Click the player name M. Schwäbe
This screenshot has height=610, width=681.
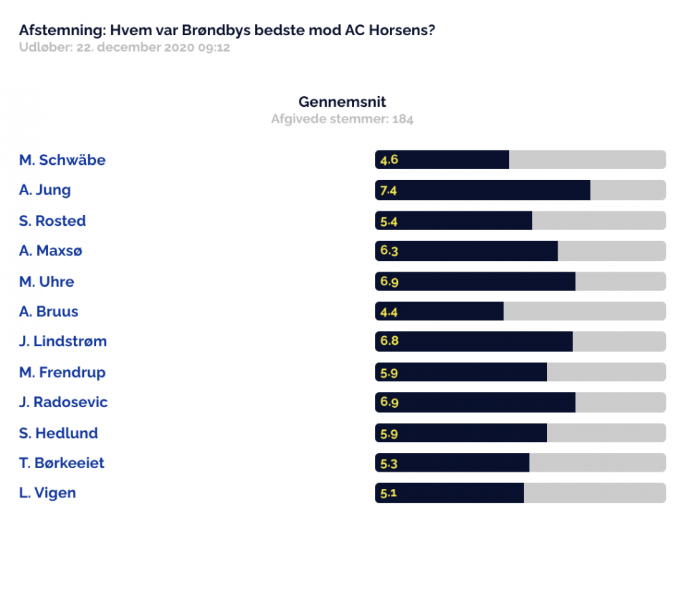62,160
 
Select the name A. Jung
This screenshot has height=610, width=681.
44,190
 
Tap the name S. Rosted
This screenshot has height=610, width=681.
52,221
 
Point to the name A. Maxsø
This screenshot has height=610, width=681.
50,250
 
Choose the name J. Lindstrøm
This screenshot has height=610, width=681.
63,341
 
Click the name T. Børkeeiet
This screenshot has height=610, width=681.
62,463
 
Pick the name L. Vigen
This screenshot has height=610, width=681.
48,493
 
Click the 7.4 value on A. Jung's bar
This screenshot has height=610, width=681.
389,191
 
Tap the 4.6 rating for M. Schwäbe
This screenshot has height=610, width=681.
389,160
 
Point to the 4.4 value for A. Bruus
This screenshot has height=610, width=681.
389,312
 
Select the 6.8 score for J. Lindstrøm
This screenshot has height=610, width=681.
389,340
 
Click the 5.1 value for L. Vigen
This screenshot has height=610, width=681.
389,493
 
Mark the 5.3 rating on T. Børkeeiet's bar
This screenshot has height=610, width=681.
389,464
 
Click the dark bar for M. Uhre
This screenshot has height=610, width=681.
475,281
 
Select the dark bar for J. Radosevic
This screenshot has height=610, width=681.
475,402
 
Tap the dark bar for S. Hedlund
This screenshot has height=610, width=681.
461,433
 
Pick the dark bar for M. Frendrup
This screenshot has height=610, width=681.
461,372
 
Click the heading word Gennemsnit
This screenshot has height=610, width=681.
342,102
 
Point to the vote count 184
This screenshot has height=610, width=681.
403,119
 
